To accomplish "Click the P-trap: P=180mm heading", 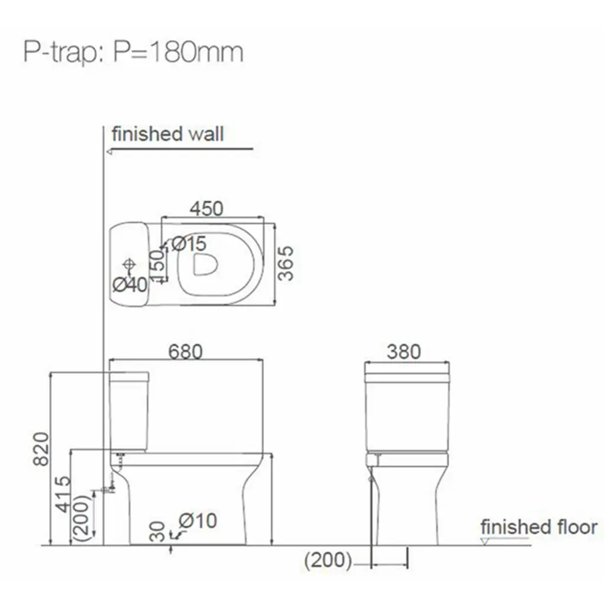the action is tap(133, 52).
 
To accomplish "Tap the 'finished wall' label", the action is tap(168, 134).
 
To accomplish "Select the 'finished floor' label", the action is tap(539, 527).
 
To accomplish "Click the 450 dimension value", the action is tap(206, 208).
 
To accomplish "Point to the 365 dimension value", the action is tap(286, 264).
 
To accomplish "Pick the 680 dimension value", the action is tap(185, 352).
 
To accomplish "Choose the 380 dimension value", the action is tap(403, 352).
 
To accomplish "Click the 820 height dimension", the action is tap(41, 449).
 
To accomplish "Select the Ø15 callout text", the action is tap(189, 244).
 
